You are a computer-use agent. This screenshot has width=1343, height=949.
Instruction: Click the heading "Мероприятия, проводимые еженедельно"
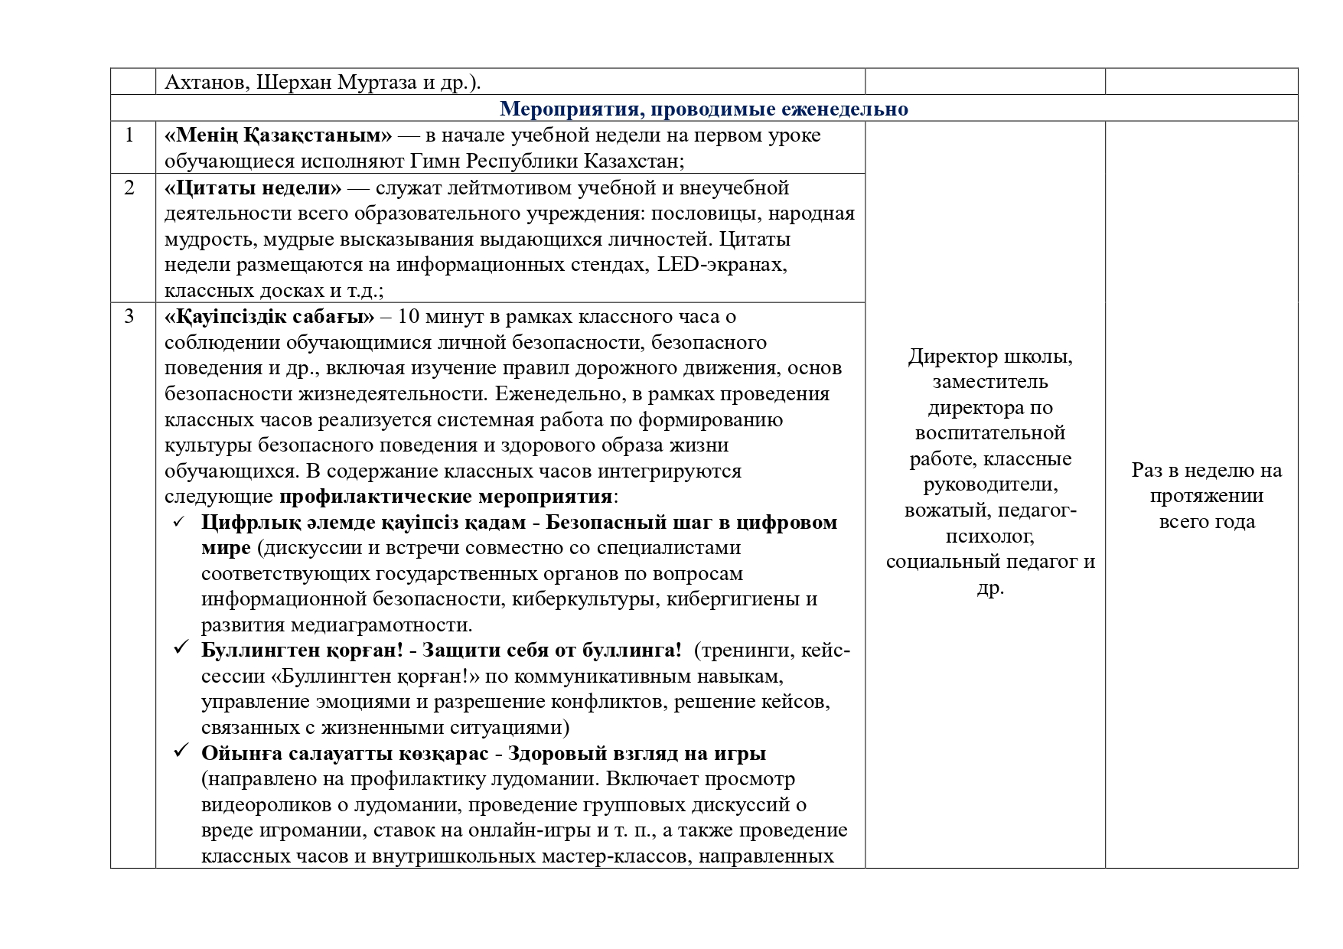tap(704, 109)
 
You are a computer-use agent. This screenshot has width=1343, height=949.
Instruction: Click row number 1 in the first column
tap(129, 135)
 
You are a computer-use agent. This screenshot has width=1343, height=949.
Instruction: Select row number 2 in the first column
tap(129, 188)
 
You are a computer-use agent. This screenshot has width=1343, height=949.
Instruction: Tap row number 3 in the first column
tap(129, 316)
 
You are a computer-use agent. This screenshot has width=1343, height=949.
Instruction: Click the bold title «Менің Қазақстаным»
tap(279, 135)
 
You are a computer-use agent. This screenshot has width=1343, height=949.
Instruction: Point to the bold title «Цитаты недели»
tap(253, 188)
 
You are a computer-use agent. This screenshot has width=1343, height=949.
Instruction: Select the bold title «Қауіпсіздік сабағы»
tap(269, 316)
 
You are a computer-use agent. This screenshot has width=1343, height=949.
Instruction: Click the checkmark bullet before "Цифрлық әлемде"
tap(180, 522)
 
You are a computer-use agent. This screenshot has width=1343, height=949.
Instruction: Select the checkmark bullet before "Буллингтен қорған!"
tap(180, 649)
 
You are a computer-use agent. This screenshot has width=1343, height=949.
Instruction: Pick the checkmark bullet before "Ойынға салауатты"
tap(180, 752)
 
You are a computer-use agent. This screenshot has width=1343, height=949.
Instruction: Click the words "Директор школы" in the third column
tap(990, 356)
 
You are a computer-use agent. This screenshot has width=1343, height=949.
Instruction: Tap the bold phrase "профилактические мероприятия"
tap(445, 496)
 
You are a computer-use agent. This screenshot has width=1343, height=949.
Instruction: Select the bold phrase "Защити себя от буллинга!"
tap(552, 650)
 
